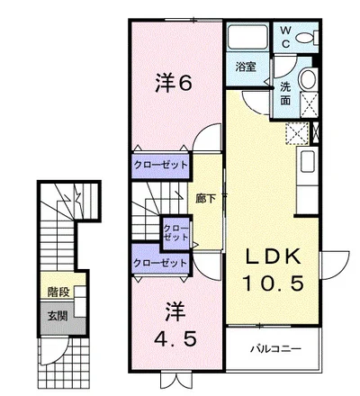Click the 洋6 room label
tap(174, 83)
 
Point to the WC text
tap(286, 37)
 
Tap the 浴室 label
tap(246, 67)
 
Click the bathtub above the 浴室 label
tap(247, 37)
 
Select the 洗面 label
tap(285, 94)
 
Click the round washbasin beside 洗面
tap(308, 78)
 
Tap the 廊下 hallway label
tap(205, 199)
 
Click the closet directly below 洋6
tap(160, 166)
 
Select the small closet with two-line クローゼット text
tap(176, 233)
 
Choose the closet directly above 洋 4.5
tap(160, 263)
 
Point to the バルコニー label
tap(275, 349)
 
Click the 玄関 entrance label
tap(58, 316)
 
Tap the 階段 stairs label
tap(59, 292)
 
